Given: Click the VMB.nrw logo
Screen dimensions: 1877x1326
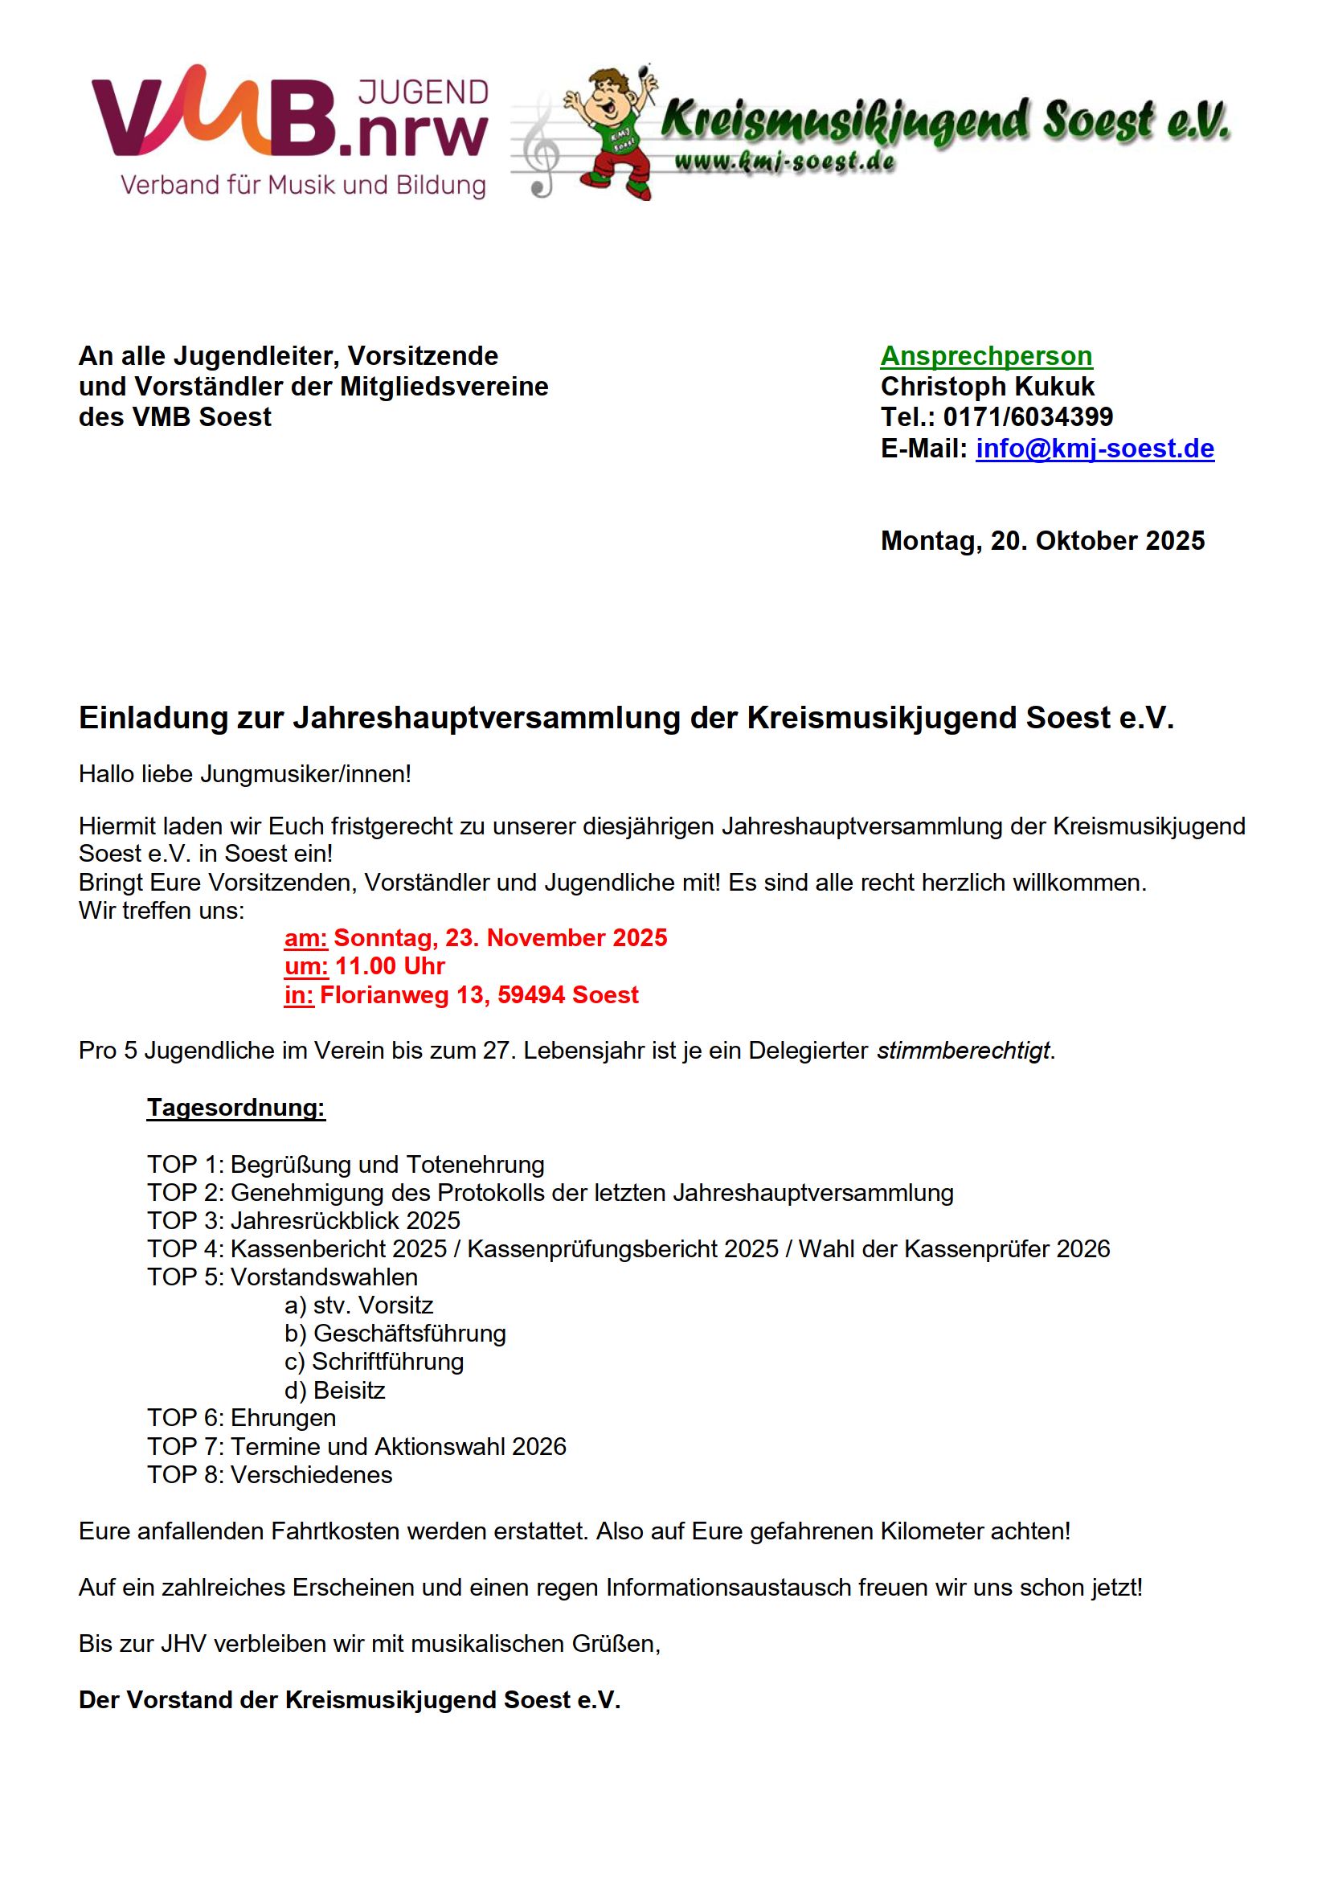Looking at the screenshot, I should pyautogui.click(x=290, y=131).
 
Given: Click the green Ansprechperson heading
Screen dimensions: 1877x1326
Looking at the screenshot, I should pyautogui.click(x=986, y=355).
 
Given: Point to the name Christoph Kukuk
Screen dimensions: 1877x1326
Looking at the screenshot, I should pyautogui.click(x=987, y=386).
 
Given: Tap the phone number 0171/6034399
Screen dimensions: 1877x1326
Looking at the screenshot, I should pyautogui.click(x=1028, y=417).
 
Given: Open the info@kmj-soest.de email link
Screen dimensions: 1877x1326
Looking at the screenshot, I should pyautogui.click(x=1095, y=448).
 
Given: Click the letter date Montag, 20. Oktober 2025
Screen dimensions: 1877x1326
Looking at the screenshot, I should pyautogui.click(x=1042, y=540).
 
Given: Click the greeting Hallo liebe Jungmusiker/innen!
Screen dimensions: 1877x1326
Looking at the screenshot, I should pyautogui.click(x=244, y=773).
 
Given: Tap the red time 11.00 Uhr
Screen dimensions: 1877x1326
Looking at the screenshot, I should pyautogui.click(x=390, y=966).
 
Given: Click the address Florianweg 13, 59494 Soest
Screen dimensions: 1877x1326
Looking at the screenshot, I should pyautogui.click(x=479, y=995).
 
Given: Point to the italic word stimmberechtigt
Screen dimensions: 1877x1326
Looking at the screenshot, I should pyautogui.click(x=963, y=1051).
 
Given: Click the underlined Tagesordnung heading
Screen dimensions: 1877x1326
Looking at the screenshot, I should pyautogui.click(x=235, y=1108).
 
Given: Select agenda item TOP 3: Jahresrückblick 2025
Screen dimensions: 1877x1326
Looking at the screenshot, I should pyautogui.click(x=303, y=1220).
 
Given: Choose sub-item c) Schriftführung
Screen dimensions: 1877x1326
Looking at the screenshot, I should pyautogui.click(x=374, y=1361).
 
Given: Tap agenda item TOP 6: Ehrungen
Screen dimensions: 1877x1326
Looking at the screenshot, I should pyautogui.click(x=241, y=1417).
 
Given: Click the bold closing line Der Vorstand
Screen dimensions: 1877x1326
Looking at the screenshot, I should pyautogui.click(x=349, y=1699).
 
